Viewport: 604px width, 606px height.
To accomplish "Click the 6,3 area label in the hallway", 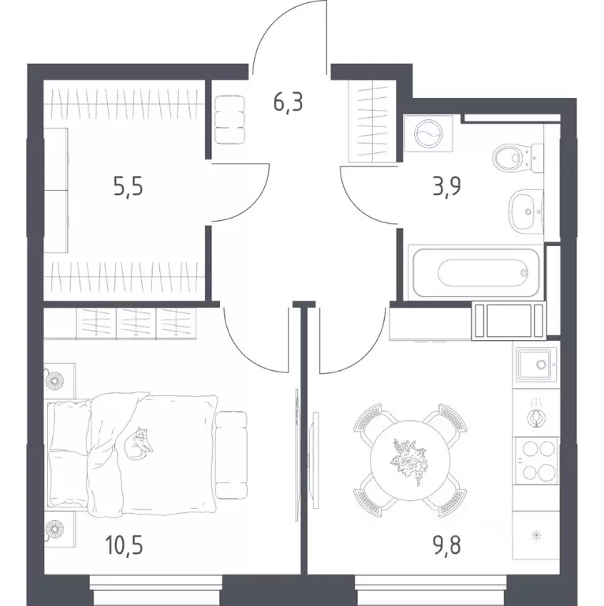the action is click(x=288, y=103).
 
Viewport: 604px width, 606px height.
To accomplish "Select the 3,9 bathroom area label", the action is click(x=446, y=186).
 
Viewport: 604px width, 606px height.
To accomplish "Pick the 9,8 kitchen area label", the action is click(x=446, y=544).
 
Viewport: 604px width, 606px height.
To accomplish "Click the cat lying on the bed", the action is click(x=138, y=443).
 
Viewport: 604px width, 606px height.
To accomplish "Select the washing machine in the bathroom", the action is click(x=428, y=133).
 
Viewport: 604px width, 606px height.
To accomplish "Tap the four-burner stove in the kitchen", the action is click(x=536, y=460).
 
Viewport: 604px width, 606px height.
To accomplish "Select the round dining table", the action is click(x=410, y=460).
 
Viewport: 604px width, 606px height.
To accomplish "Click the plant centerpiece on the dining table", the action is click(x=409, y=461).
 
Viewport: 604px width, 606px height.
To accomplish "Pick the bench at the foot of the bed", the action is click(x=231, y=454).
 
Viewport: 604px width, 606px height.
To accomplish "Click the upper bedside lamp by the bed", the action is click(x=54, y=381).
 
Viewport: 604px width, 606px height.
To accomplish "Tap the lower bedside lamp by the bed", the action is click(x=54, y=529).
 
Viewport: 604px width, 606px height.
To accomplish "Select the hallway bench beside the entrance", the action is click(x=230, y=120).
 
